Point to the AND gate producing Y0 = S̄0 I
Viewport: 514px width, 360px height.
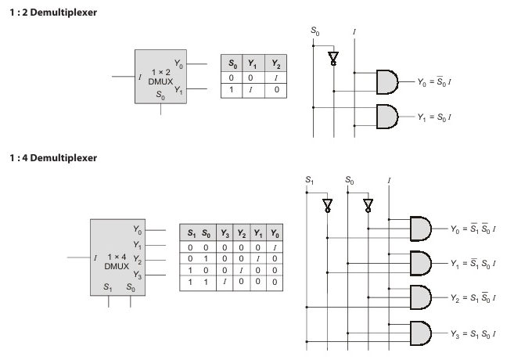click(x=386, y=80)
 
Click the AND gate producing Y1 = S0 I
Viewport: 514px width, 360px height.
click(x=386, y=116)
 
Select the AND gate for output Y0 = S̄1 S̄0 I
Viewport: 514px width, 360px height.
click(x=421, y=229)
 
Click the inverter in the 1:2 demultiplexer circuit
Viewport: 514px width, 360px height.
click(x=334, y=59)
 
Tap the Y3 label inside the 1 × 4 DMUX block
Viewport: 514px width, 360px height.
click(x=137, y=275)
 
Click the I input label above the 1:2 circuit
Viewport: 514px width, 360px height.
click(x=355, y=32)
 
